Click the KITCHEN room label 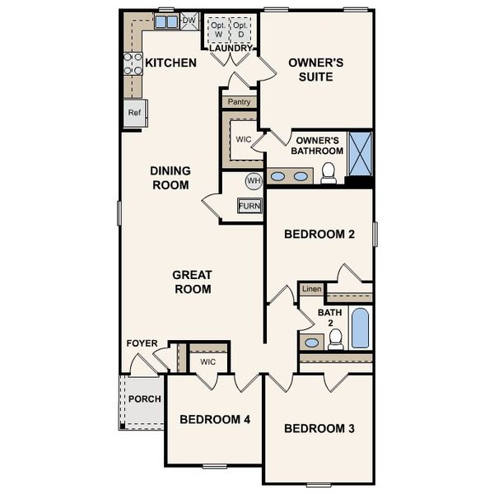pos(170,63)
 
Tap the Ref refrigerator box pos(134,113)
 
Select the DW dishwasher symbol pos(189,21)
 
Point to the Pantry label pos(239,102)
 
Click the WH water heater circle pos(254,180)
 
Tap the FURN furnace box pos(250,205)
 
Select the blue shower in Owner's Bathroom pos(360,153)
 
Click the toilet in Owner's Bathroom pos(329,172)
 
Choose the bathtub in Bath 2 pos(361,328)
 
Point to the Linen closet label pos(310,289)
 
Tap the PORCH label pos(144,399)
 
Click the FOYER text pos(142,343)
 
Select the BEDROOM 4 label pos(215,420)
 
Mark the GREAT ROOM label pos(192,282)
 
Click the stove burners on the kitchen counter pos(132,63)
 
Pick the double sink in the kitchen pos(166,22)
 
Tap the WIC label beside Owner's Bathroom pos(243,139)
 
